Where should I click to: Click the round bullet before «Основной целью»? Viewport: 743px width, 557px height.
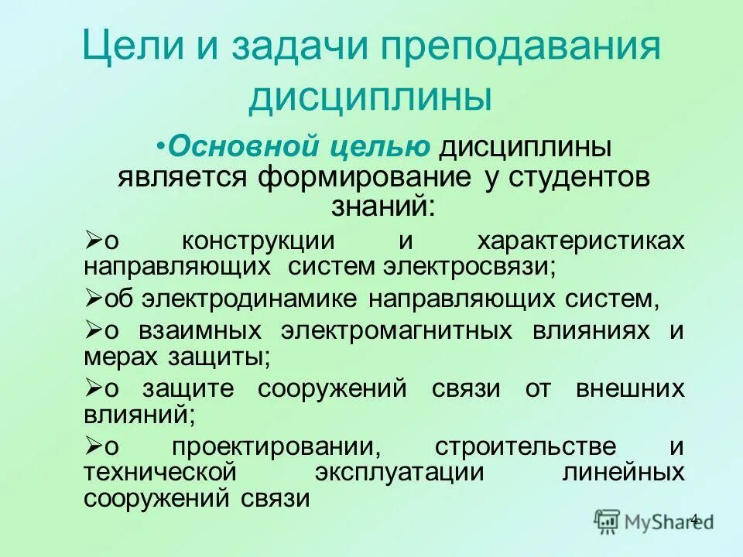point(159,145)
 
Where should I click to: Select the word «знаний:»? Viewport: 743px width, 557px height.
point(384,204)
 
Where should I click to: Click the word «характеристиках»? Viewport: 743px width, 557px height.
point(580,240)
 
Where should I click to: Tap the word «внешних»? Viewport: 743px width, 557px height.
point(630,388)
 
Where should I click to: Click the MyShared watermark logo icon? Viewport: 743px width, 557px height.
point(608,521)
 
